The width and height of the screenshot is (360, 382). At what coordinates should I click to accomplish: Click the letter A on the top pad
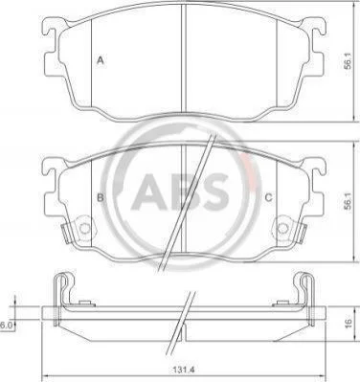[101, 60]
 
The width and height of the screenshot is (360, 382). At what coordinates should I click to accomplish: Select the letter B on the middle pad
[101, 198]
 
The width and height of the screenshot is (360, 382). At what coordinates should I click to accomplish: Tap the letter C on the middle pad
[269, 198]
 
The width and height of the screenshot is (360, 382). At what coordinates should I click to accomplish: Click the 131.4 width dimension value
[184, 370]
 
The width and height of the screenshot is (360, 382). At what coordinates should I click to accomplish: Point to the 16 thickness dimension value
[349, 323]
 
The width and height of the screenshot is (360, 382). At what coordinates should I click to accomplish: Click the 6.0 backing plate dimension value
[6, 326]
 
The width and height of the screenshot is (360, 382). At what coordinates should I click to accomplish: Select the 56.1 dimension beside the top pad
[348, 60]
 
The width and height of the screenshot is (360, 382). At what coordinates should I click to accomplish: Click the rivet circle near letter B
[84, 229]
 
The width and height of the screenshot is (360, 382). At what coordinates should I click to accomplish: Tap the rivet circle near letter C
[282, 229]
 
